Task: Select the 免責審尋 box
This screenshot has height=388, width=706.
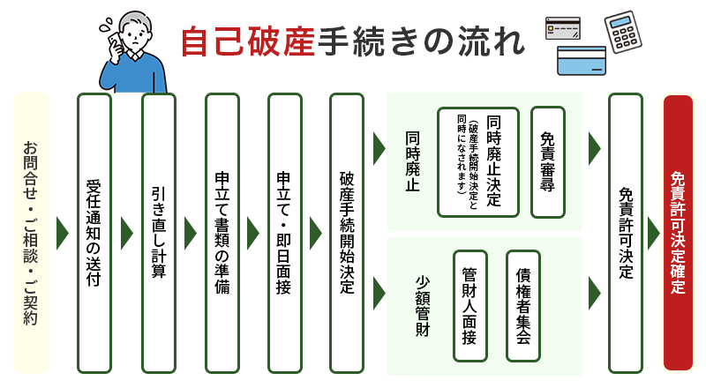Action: [547, 162]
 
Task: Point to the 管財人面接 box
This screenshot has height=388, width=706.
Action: [469, 305]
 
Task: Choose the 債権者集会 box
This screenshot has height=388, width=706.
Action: [522, 305]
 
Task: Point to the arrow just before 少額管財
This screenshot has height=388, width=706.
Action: [379, 288]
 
